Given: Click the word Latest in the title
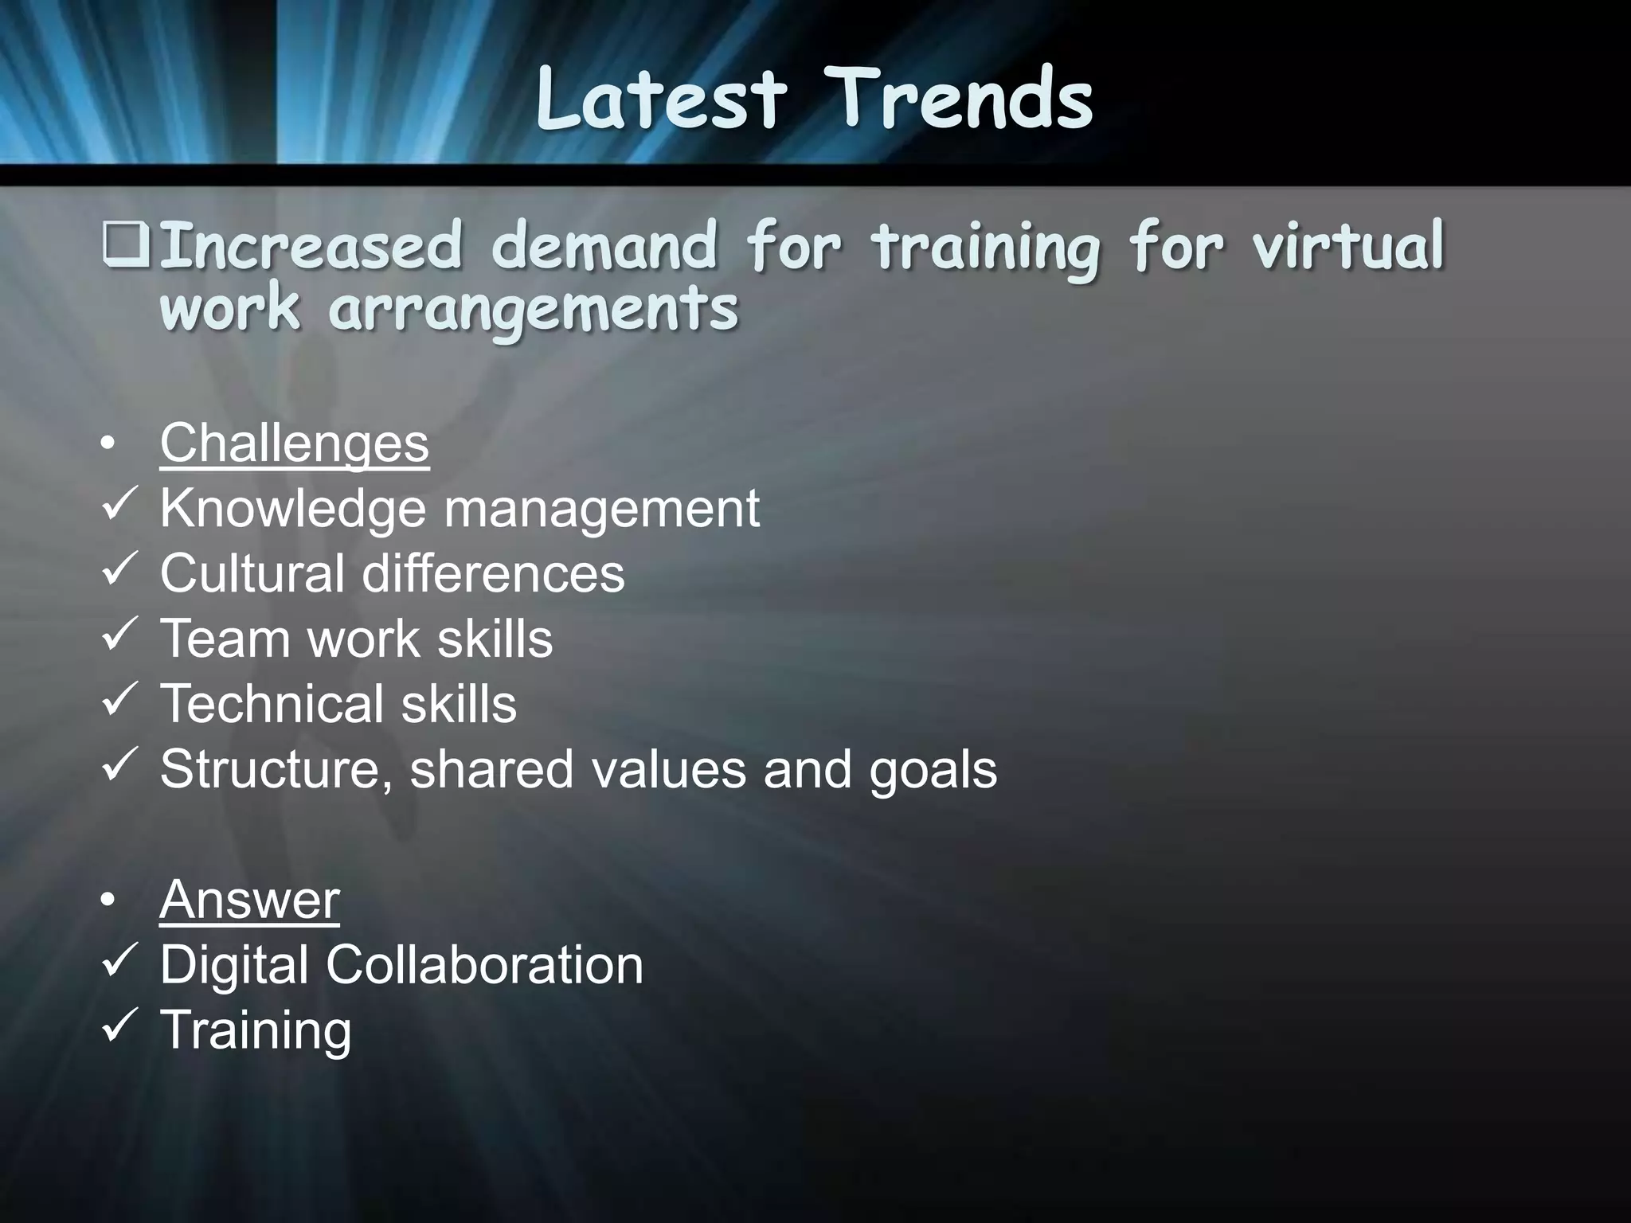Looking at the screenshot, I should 661,99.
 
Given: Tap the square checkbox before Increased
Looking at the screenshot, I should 124,246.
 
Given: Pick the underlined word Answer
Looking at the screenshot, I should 249,900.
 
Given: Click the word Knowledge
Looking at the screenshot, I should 293,510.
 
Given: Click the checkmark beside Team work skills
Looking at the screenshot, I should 121,635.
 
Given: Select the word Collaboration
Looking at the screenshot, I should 484,965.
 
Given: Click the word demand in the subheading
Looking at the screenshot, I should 604,246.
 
